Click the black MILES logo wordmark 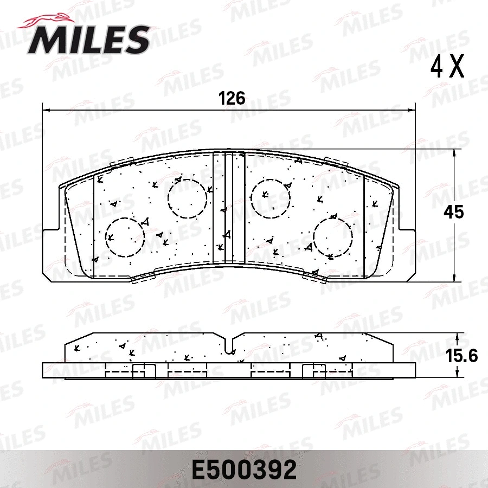(89, 39)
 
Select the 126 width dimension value (232, 99)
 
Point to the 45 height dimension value (454, 212)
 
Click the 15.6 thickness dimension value (461, 356)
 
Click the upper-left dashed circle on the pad (187, 198)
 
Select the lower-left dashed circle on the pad (125, 237)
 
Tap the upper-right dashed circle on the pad (270, 198)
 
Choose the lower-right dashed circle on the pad (333, 237)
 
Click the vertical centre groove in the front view (228, 209)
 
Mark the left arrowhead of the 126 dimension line (46, 108)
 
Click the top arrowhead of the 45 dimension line (454, 153)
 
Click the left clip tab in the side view (144, 371)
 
